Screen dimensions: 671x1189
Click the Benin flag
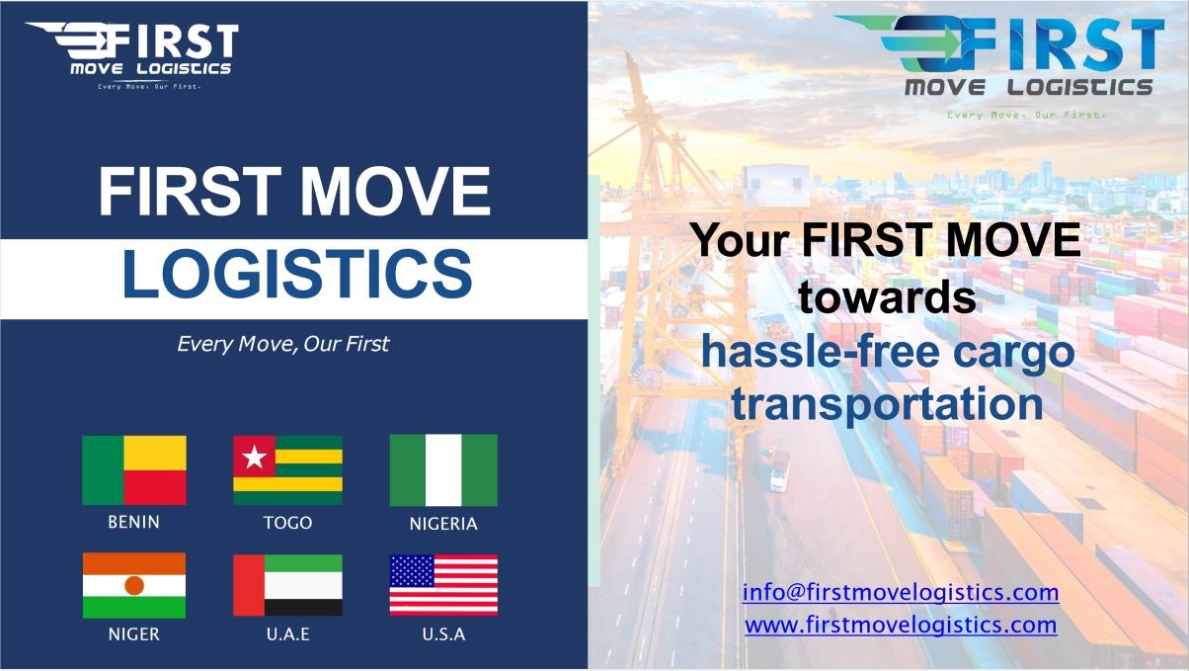pos(134,469)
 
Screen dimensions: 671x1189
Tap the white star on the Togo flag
pos(255,457)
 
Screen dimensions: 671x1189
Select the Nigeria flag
pos(443,469)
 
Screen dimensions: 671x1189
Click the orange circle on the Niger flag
pos(134,585)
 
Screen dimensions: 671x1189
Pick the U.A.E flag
pos(287,585)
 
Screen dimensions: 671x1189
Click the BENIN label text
pos(134,522)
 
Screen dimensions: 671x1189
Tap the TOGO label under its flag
pos(287,523)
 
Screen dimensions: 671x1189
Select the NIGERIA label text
pos(443,524)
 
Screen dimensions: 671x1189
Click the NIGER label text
pos(134,634)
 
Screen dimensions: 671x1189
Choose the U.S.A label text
pos(443,634)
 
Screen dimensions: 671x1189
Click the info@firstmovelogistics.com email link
pos(901,593)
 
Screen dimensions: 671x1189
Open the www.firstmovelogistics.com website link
pos(901,625)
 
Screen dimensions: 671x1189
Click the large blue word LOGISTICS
pos(295,275)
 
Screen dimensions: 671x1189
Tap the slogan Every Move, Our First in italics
pos(282,345)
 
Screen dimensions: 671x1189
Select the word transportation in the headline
pos(887,405)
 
